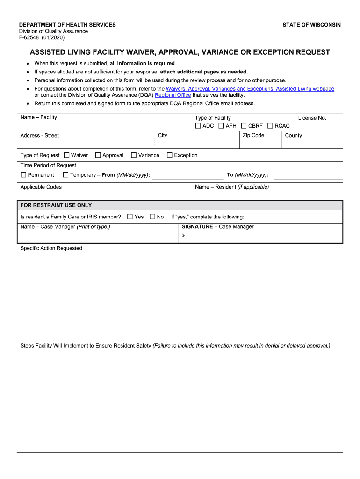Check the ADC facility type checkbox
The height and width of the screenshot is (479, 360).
point(198,126)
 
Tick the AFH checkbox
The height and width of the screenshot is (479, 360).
point(222,126)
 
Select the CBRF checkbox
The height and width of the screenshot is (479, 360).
point(244,126)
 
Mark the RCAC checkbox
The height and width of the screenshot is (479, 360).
point(270,126)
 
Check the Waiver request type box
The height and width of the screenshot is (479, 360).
point(67,155)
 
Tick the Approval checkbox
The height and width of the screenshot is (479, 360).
point(98,155)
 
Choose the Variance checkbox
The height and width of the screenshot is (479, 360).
point(134,155)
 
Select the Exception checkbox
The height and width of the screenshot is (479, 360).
point(170,155)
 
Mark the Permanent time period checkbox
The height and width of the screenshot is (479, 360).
point(23,175)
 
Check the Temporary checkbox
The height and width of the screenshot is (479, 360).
point(65,175)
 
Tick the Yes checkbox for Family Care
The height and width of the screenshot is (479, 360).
point(130,217)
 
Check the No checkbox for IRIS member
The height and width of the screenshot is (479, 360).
point(152,217)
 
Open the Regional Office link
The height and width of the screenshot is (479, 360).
point(173,95)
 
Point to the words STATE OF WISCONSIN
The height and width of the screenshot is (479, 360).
point(311,25)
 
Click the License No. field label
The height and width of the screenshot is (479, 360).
point(312,118)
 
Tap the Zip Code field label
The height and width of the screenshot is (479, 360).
point(253,136)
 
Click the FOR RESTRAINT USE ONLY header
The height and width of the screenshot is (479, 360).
point(56,205)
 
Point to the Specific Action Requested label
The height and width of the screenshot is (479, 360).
point(51,248)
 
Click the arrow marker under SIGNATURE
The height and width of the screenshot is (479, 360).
point(184,235)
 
